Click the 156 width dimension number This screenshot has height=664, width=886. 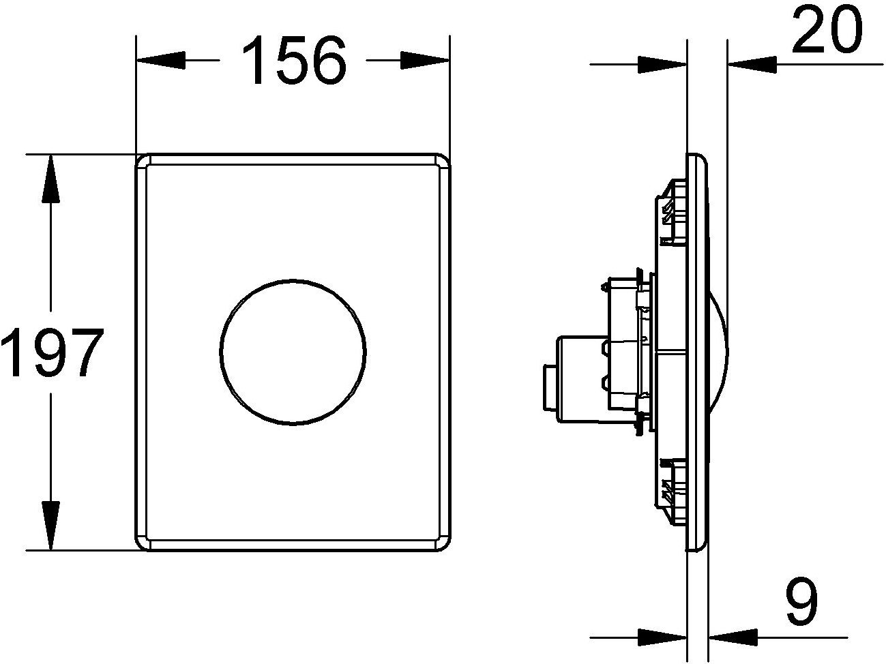point(294,61)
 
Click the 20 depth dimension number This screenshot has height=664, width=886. point(826,30)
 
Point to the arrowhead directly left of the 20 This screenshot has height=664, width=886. point(754,64)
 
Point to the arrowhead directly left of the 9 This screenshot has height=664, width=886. point(733,637)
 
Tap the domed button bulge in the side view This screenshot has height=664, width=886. point(718,352)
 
